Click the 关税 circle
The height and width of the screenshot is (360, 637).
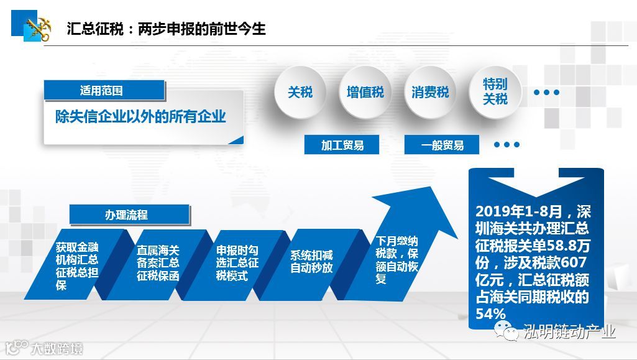(x=300, y=93)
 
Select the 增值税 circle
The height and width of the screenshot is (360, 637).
(x=365, y=93)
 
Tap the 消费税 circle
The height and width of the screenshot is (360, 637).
(x=430, y=93)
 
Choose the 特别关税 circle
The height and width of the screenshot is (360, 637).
(x=495, y=92)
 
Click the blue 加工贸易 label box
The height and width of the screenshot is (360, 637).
(x=342, y=145)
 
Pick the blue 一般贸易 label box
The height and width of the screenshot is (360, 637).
(x=442, y=145)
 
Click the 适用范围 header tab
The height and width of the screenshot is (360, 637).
(x=103, y=91)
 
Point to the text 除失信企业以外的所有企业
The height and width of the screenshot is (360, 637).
(x=140, y=117)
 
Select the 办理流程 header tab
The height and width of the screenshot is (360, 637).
(x=130, y=215)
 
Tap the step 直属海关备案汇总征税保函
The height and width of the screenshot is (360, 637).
(x=158, y=262)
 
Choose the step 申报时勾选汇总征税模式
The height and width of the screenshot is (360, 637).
(x=237, y=262)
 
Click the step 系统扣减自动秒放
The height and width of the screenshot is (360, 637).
(x=311, y=262)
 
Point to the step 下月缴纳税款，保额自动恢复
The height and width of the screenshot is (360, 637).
(x=395, y=260)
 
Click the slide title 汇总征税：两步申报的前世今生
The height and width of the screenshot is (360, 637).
(x=167, y=29)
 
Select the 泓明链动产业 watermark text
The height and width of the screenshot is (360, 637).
(x=569, y=331)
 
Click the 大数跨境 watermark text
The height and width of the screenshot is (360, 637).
(x=57, y=349)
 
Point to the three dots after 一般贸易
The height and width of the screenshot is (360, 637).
(x=507, y=145)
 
